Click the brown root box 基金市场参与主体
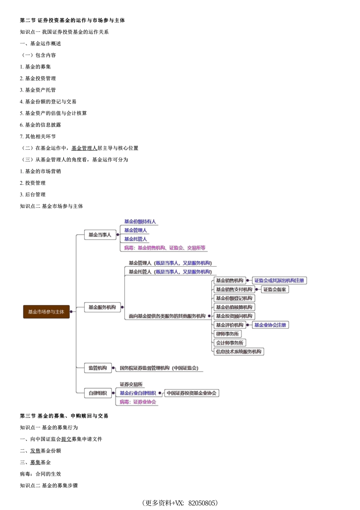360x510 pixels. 46,312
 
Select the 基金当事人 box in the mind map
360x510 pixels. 100,235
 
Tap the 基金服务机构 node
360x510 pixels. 102,307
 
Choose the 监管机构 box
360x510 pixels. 98,368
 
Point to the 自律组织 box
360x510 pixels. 98,393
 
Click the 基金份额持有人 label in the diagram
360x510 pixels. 140,221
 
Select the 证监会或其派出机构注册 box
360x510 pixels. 279,281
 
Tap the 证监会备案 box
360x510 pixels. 275,289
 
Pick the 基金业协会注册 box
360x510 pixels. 270,325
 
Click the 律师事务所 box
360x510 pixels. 227,334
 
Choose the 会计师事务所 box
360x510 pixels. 230,343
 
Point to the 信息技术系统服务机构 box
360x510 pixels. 239,352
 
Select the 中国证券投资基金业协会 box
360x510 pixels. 192,393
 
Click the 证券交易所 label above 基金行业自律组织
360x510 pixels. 131,384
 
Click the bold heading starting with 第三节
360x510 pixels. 64,416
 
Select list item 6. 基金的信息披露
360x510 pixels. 41,125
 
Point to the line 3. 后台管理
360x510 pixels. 33,195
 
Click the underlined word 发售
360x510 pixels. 35,451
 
